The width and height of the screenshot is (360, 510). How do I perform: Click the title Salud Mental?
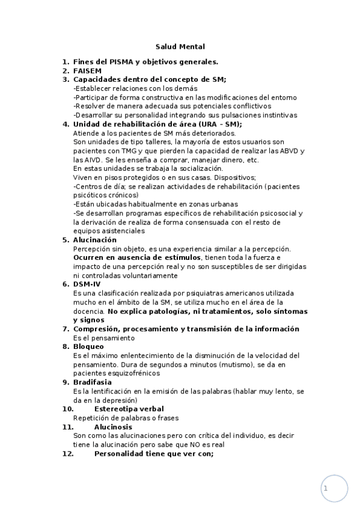pos(180,46)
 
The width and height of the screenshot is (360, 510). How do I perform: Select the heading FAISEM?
pos(87,70)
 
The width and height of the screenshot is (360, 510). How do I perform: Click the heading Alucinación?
pos(95,239)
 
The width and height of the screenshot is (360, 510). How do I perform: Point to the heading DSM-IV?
pos(87,284)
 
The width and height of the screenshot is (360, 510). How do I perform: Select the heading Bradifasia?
pos(92,382)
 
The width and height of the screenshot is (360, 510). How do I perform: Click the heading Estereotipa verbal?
pos(129,409)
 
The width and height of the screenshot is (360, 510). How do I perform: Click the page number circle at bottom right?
pos(334,489)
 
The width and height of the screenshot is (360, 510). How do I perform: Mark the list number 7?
pos(66,329)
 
